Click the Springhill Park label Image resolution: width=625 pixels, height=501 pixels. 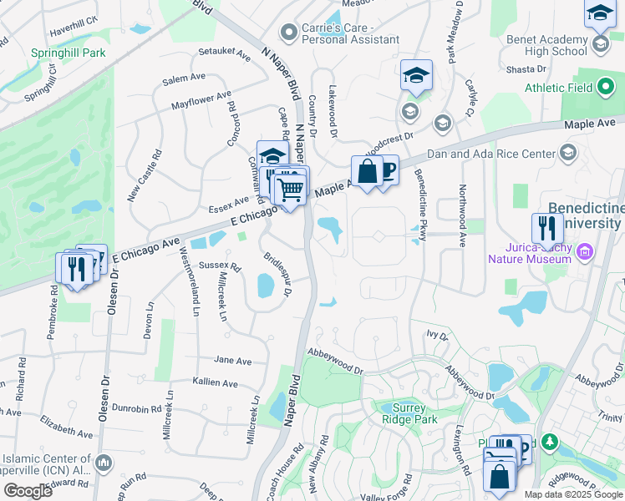click(x=68, y=52)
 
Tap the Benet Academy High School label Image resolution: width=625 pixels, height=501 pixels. click(x=546, y=45)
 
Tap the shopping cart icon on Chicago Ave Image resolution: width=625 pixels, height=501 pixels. click(x=290, y=190)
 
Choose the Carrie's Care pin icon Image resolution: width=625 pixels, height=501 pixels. click(x=289, y=33)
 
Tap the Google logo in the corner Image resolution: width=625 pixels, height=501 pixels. click(x=28, y=491)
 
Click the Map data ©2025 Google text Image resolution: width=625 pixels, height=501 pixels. click(x=573, y=494)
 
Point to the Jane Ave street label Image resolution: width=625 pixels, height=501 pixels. click(x=233, y=361)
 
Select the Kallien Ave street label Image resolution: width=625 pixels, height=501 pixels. click(x=216, y=382)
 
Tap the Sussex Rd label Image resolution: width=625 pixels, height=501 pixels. click(x=221, y=267)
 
